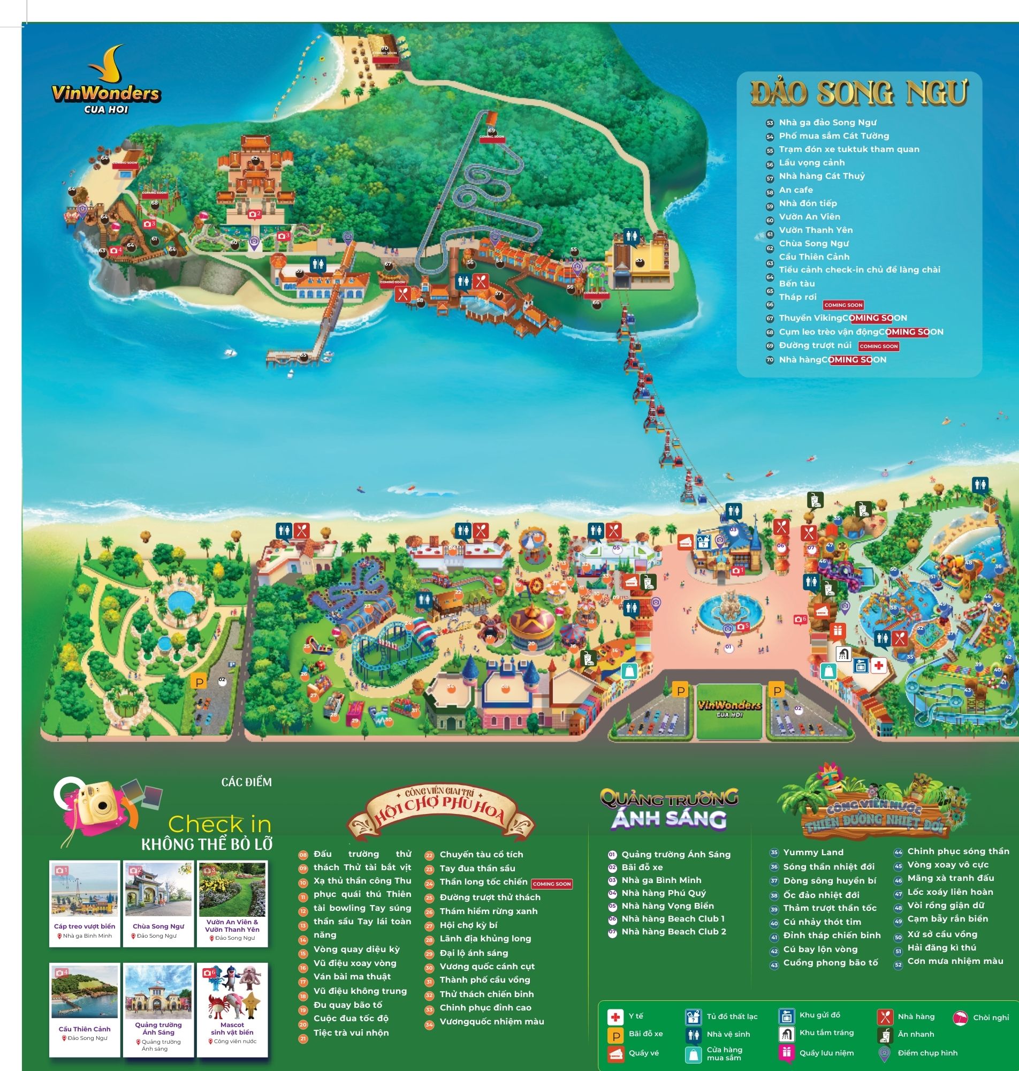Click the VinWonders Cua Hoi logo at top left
click(106, 81)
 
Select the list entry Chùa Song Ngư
click(813, 244)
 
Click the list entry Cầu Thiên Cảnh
click(813, 257)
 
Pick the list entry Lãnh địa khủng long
click(485, 938)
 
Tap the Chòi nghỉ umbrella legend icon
click(960, 1017)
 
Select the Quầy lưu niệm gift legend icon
click(787, 1052)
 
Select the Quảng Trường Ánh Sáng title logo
click(668, 810)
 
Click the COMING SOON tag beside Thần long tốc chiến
click(551, 884)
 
